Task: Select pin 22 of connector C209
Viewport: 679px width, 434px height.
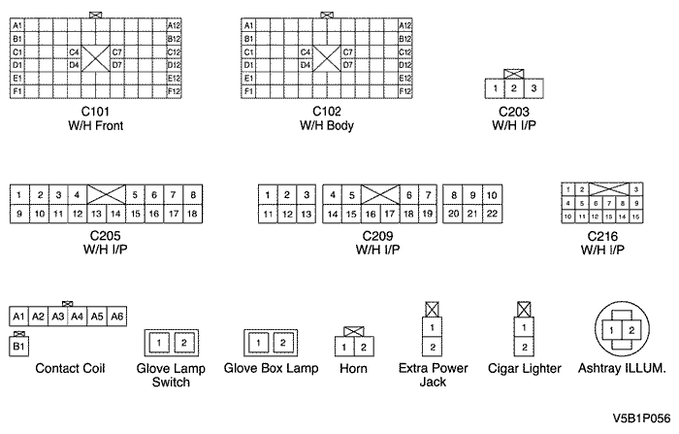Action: coord(491,213)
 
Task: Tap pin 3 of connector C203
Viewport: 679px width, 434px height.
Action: coord(533,89)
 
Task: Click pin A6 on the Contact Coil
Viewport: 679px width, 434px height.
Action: coord(116,317)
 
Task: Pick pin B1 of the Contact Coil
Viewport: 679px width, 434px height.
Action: coord(18,346)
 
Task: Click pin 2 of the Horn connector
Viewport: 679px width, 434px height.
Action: coord(362,347)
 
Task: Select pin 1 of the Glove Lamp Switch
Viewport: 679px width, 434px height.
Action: coord(159,343)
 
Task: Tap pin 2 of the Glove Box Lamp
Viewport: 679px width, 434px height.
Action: coord(281,343)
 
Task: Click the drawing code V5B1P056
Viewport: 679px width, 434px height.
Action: coord(640,419)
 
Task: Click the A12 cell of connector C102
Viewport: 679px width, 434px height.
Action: coord(404,24)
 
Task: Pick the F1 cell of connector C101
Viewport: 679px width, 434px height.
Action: coord(18,90)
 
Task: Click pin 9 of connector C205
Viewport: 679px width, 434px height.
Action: coord(18,213)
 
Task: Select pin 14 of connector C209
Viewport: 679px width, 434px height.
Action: coord(332,213)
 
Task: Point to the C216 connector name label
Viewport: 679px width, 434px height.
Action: coord(602,236)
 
